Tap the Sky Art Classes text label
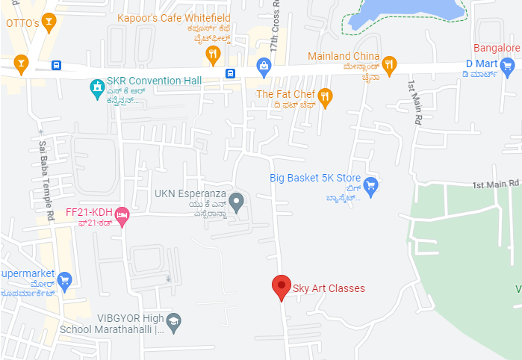329,288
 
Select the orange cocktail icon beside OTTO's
49,22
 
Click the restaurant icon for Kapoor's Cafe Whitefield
214,52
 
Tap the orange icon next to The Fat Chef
325,95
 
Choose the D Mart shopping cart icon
508,65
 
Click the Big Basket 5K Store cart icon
370,183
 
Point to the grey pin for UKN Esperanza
237,201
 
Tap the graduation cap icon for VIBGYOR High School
174,321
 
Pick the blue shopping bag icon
263,66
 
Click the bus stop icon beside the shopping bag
231,73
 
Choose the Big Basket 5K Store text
314,179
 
